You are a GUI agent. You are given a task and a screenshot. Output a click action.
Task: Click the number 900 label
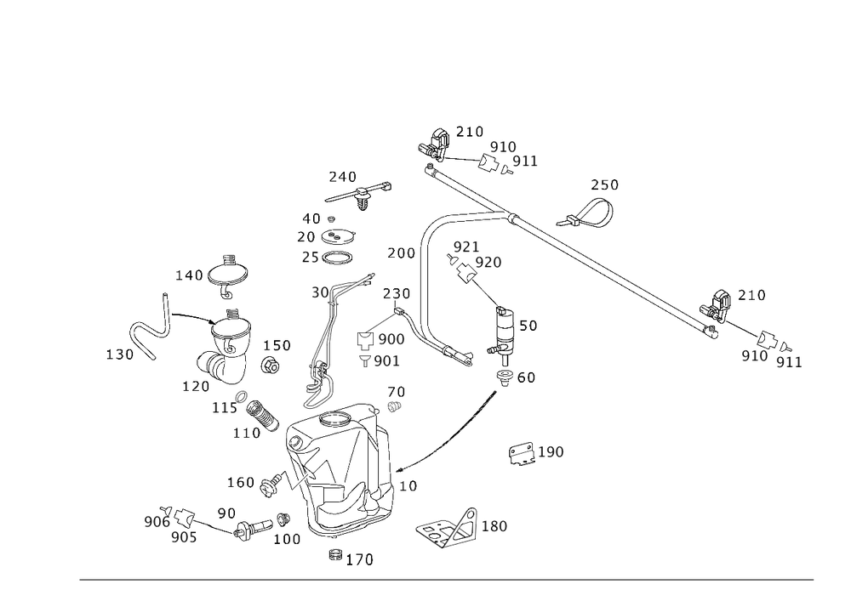pos(391,339)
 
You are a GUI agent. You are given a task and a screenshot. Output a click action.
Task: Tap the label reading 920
pos(488,263)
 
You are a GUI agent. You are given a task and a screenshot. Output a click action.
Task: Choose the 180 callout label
pos(495,527)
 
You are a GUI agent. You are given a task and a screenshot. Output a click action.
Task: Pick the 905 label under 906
pos(184,537)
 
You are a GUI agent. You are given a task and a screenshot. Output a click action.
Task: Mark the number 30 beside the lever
pos(320,292)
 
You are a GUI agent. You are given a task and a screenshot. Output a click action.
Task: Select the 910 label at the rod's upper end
pos(503,148)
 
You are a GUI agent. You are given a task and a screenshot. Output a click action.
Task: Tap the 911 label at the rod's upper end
pos(526,161)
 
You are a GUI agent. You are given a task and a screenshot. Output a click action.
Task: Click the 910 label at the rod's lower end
pos(754,356)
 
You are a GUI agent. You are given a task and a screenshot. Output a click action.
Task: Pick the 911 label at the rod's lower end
pos(790,364)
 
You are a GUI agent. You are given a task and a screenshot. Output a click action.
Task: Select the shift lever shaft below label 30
pos(322,340)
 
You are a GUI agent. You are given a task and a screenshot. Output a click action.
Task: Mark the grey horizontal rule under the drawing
pos(447,581)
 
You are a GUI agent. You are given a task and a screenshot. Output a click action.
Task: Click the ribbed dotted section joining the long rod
pos(477,213)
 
